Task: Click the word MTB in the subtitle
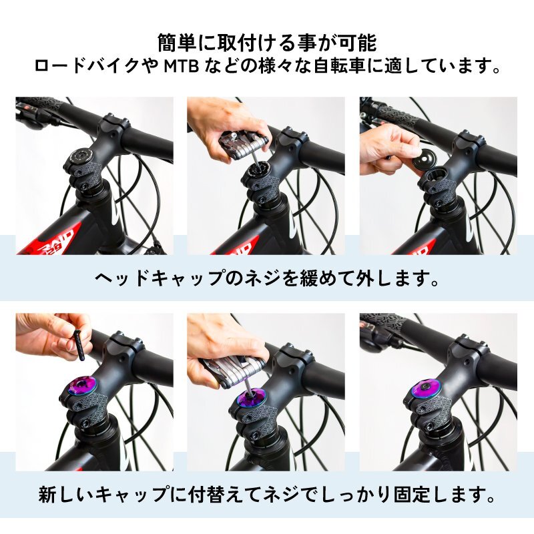181,66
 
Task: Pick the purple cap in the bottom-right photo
425,390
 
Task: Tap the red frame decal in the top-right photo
415,246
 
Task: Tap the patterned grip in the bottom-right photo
388,320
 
